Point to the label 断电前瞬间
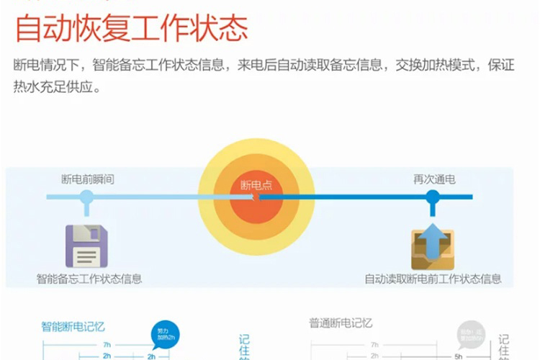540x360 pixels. pyautogui.click(x=87, y=179)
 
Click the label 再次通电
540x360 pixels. pyautogui.click(x=433, y=179)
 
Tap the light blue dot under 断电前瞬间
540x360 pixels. pyautogui.click(x=86, y=197)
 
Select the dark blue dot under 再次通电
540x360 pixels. pyautogui.click(x=433, y=197)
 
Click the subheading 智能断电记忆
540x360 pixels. pyautogui.click(x=73, y=326)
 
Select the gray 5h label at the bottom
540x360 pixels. pyautogui.click(x=458, y=356)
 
